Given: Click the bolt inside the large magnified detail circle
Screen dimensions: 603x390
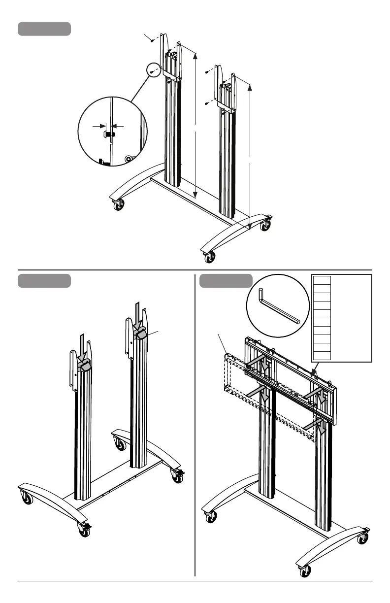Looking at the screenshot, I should click(x=109, y=134).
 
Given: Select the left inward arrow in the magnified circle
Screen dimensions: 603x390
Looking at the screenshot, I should click(x=99, y=126).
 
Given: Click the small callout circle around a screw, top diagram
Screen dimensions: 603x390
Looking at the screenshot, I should click(x=154, y=71).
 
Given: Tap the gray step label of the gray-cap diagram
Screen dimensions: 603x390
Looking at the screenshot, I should click(x=44, y=281).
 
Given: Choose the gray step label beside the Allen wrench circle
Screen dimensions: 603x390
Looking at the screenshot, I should click(x=226, y=281).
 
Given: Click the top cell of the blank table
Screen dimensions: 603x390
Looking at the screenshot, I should click(x=323, y=280).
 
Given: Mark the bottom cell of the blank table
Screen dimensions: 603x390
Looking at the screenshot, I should click(x=323, y=356).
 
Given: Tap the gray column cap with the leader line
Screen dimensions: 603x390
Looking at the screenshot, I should click(x=140, y=333).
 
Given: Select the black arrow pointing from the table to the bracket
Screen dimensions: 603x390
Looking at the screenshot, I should click(x=314, y=368).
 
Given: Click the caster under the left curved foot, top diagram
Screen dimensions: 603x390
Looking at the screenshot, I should click(x=119, y=205).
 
